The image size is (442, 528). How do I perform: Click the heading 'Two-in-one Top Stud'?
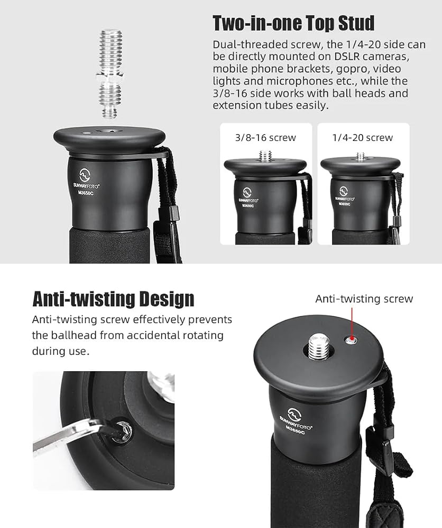point(293,23)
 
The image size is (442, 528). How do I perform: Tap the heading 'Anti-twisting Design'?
point(113,299)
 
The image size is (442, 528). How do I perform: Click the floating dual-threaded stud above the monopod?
point(109,74)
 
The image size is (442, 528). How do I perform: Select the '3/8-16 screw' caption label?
point(265,137)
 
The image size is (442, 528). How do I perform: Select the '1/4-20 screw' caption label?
point(363,137)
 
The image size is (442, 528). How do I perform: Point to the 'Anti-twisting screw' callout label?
point(364,299)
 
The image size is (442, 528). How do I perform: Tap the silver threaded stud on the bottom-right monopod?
point(318,346)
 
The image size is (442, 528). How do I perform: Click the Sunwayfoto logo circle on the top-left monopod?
point(85,175)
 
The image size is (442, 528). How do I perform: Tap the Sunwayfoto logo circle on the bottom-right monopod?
point(293,414)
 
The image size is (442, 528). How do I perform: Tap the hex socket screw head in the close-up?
point(121,430)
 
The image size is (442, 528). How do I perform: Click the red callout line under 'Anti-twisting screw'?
point(352,323)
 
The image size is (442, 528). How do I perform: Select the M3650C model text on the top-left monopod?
point(86,193)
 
